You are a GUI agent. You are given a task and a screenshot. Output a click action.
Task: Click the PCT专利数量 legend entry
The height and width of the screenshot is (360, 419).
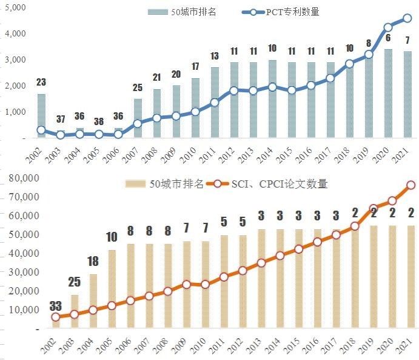coord(289,12)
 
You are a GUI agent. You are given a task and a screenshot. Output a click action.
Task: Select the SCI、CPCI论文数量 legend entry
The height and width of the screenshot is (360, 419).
coord(273,183)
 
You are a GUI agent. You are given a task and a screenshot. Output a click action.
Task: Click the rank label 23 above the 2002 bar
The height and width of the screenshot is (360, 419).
coord(41,82)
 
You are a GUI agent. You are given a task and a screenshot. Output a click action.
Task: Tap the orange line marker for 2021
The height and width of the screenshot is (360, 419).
coord(411,185)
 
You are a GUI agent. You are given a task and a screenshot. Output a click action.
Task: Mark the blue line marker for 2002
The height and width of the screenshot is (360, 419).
coord(41,130)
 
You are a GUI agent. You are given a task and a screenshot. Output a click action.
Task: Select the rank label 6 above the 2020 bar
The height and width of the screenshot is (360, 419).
coord(388,38)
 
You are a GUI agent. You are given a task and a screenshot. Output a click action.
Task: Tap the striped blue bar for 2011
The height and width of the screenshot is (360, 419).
coord(214,103)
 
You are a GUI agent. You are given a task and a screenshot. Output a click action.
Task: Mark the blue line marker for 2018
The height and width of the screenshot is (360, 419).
coord(349,64)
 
